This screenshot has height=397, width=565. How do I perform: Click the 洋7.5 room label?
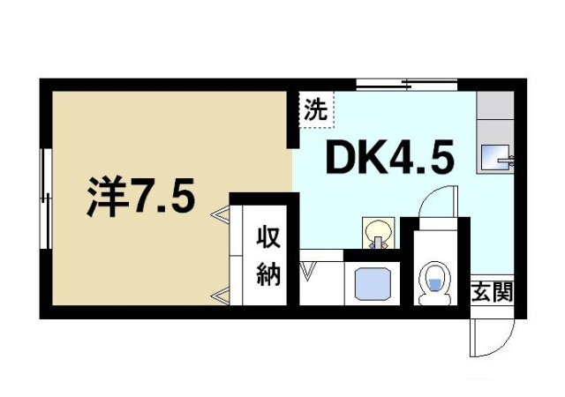pos(139,198)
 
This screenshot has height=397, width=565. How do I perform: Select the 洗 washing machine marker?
pos(315,110)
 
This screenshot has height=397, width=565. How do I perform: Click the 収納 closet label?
pos(269,255)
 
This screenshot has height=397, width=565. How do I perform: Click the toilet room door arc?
pos(436,201)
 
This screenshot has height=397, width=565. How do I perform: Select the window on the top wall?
pos(406,84)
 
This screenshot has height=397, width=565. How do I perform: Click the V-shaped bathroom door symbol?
pos(308,270)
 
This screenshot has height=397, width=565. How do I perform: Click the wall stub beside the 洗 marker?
pos(295,119)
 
